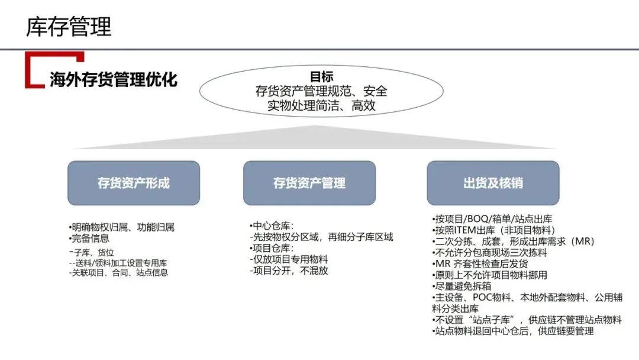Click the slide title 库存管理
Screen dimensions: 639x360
tap(69, 27)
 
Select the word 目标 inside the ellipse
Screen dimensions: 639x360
tap(321, 77)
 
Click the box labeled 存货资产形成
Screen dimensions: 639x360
tap(134, 183)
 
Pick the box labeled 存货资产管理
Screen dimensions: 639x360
tap(309, 183)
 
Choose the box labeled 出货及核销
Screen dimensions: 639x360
tap(493, 183)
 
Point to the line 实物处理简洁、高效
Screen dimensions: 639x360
tap(321, 106)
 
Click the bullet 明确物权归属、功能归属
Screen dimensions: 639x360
tap(121, 227)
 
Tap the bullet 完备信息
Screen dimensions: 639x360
tap(89, 239)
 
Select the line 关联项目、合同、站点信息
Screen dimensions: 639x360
tap(118, 272)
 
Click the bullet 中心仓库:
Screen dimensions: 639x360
tap(272, 226)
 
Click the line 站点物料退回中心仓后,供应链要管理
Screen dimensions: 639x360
tap(512, 332)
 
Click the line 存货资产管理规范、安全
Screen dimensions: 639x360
tap(321, 92)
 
